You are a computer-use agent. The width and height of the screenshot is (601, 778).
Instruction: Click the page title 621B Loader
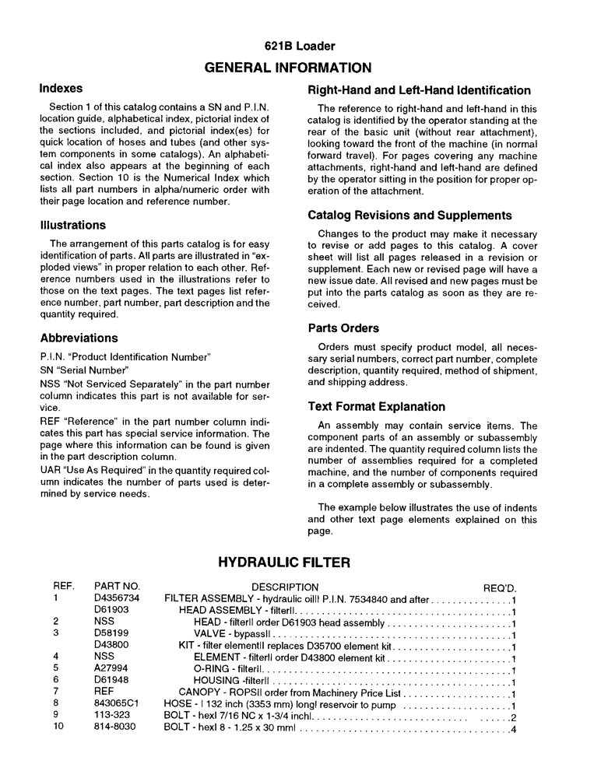coord(300,46)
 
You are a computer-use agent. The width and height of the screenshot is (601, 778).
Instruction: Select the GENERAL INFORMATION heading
coord(300,68)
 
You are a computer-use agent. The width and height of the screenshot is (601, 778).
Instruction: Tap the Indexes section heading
coord(61,89)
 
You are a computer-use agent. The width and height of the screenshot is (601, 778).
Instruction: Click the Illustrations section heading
coord(72,225)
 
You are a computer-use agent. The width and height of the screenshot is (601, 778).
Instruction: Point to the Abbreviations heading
coord(79,338)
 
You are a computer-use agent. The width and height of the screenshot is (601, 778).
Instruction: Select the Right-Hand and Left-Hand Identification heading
coord(419,90)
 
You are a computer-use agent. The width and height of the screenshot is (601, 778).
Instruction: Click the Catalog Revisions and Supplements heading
coord(409,215)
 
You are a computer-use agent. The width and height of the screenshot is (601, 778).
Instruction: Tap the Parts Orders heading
coord(343,328)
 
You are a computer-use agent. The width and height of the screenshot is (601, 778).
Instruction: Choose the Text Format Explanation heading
coord(377,406)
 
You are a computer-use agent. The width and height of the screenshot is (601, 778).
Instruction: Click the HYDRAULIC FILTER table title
coord(284,562)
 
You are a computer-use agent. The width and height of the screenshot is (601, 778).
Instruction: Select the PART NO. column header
coord(116,587)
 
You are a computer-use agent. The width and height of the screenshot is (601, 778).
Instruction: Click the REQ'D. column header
coord(500,587)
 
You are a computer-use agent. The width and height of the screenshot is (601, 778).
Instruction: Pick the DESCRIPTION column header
coord(285,587)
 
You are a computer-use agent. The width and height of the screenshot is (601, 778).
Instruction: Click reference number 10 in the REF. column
coord(58,728)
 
